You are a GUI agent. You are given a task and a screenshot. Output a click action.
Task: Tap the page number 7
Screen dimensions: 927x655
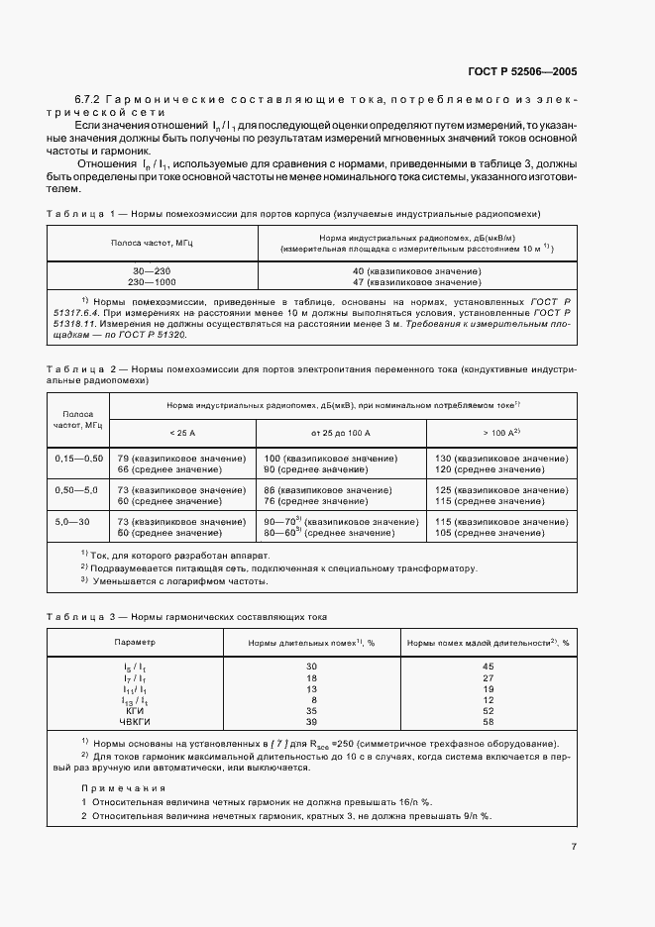(574, 847)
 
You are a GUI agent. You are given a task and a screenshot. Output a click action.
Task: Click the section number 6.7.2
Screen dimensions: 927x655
(87, 101)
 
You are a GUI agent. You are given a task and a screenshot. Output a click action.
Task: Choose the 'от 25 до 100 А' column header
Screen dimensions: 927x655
(340, 433)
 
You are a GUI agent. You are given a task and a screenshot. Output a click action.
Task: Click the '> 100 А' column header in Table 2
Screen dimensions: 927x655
(500, 433)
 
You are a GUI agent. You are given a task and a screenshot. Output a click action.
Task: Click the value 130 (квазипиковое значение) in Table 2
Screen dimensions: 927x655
(501, 459)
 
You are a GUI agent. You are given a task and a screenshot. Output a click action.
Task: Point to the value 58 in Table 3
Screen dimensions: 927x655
(488, 721)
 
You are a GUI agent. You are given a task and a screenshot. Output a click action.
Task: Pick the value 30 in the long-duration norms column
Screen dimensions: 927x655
(311, 667)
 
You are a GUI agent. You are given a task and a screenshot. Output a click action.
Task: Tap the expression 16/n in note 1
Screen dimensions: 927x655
(409, 802)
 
